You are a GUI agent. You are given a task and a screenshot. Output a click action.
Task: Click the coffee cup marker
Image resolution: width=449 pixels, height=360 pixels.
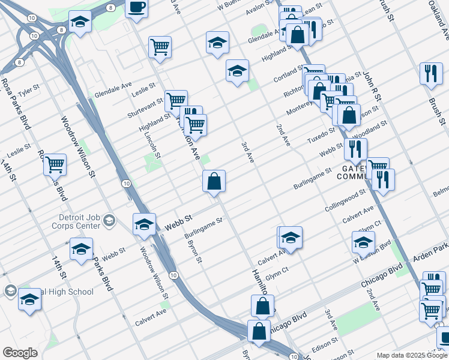click(x=137, y=8)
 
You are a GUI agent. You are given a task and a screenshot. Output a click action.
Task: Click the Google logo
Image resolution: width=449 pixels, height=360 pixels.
click(x=20, y=353)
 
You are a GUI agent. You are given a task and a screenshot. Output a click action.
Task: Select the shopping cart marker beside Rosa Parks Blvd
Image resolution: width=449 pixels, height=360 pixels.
click(x=55, y=163)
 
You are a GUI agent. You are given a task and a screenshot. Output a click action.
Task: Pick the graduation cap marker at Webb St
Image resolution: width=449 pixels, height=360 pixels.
click(x=144, y=224)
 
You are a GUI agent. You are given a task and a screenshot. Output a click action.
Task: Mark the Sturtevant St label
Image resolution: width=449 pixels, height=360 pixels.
click(x=145, y=108)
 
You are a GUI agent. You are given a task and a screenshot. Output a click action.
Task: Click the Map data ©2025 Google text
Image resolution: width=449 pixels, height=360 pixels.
click(x=411, y=355)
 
